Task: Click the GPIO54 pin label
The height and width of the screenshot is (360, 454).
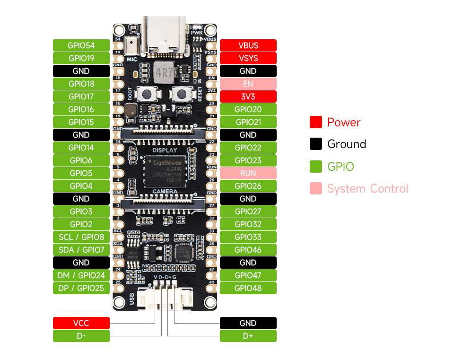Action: (x=81, y=45)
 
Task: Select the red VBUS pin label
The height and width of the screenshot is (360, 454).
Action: (x=248, y=45)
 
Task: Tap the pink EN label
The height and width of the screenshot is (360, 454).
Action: (x=248, y=84)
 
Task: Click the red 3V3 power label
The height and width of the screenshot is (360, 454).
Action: (x=248, y=97)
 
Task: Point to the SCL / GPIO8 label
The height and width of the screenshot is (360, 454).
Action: (x=81, y=237)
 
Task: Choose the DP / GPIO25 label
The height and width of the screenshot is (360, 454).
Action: (x=81, y=288)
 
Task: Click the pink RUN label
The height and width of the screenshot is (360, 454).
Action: (x=248, y=173)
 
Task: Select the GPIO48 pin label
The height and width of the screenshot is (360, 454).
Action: (x=248, y=288)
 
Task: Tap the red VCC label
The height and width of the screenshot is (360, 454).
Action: (x=81, y=323)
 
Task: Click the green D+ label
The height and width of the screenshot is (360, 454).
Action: (x=248, y=336)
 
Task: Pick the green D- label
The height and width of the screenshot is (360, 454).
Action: (x=81, y=336)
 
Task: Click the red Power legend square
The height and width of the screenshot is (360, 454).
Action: (x=316, y=122)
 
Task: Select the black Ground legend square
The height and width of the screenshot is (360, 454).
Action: (x=316, y=144)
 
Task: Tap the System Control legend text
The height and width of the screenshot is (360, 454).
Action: (x=367, y=189)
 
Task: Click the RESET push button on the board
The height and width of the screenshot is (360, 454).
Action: (x=181, y=94)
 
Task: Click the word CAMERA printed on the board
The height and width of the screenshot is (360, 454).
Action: (x=165, y=192)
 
